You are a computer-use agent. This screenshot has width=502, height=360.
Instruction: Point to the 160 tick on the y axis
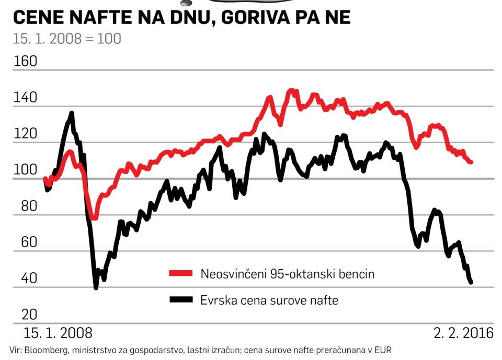(25, 62)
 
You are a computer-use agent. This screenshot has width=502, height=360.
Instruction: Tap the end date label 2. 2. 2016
(463, 333)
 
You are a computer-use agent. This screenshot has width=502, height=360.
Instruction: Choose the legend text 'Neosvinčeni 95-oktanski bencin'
(287, 274)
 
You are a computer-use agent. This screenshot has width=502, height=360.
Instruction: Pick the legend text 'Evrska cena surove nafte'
(269, 300)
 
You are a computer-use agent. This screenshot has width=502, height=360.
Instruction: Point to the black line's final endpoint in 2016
(471, 282)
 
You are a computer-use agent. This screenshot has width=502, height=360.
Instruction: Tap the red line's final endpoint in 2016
(471, 162)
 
